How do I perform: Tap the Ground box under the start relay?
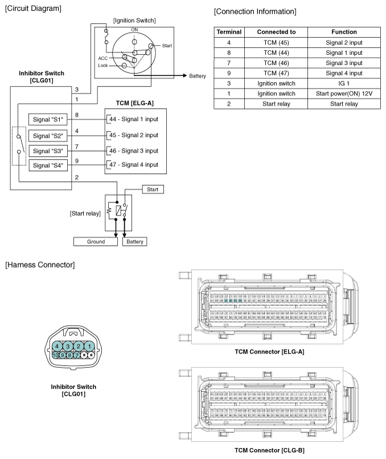tap(96, 242)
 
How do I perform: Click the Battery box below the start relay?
tap(134, 242)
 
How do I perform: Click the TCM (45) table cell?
tap(274, 42)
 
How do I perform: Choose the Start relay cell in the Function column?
tap(343, 104)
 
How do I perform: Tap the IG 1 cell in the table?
tap(343, 83)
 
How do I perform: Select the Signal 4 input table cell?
tap(343, 73)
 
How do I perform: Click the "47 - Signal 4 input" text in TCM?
tap(134, 165)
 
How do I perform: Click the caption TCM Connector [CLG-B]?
tap(269, 450)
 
